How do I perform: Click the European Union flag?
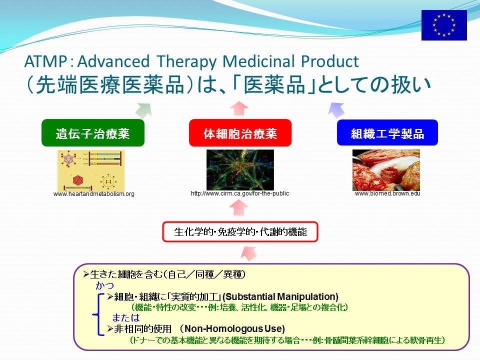coord(444,25)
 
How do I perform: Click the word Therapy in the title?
coord(186,62)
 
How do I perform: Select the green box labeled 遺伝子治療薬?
coord(93,133)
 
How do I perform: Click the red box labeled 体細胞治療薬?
coord(240,133)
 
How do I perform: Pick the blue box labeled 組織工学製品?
coord(387,132)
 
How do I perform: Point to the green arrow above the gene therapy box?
coord(144,110)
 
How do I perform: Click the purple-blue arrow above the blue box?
coord(336,110)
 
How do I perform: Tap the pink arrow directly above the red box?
coord(239,108)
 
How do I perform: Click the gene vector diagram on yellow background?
coord(91,170)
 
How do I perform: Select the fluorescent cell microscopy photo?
coord(240,170)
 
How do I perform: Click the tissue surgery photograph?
coord(386,170)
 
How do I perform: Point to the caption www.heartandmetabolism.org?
coord(93,194)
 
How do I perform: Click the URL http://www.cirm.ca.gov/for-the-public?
coord(240,193)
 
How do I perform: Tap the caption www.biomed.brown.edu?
coord(387,193)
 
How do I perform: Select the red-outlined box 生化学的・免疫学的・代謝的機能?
coord(240,231)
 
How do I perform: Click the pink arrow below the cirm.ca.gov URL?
coord(239,207)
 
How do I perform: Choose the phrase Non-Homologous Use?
coord(233,329)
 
